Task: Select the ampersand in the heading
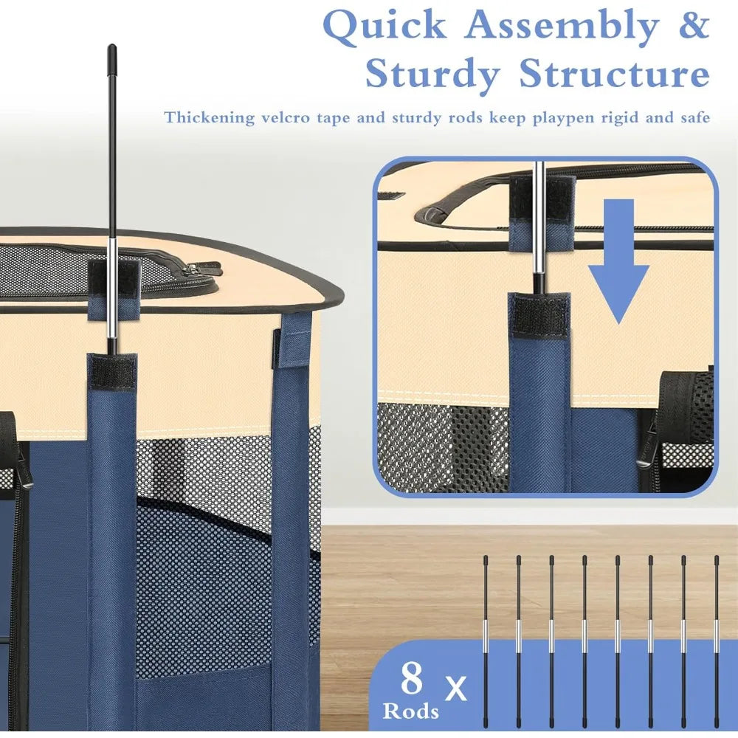point(694,25)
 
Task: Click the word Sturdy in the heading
point(432,75)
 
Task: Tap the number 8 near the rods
point(412,678)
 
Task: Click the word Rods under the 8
point(411,710)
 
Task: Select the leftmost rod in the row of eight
point(486,643)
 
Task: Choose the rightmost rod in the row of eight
point(717,643)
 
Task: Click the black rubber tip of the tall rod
point(112,58)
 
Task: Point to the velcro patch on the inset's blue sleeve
point(539,315)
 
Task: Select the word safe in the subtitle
point(695,117)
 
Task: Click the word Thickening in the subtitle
point(209,117)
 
